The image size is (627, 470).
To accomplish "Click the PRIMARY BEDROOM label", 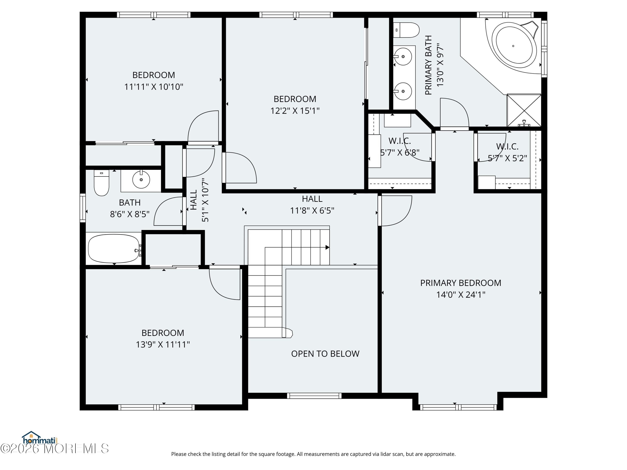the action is pos(461,283).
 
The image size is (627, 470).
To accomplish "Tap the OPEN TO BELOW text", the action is pos(325,354).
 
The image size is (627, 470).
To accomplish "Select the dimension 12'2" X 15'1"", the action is pos(295,111).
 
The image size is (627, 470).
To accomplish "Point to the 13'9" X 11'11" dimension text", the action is pos(163,344).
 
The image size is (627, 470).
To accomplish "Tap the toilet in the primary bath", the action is pos(406,30).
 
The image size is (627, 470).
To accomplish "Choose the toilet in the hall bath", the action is pos(102,183).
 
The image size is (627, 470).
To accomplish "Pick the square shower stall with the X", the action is pos(524,110).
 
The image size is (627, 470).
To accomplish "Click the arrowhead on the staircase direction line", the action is pos(327,247).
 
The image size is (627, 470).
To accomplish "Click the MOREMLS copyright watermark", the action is pos(54,448).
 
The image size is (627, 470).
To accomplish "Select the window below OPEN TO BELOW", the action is pos(314,396).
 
